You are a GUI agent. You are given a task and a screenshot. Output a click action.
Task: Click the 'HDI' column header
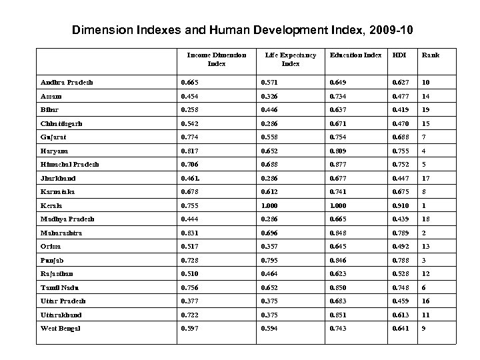coord(399,55)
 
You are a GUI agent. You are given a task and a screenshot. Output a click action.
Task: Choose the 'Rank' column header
coord(430,55)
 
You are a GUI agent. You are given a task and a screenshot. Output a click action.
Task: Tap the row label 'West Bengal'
coord(60,328)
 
